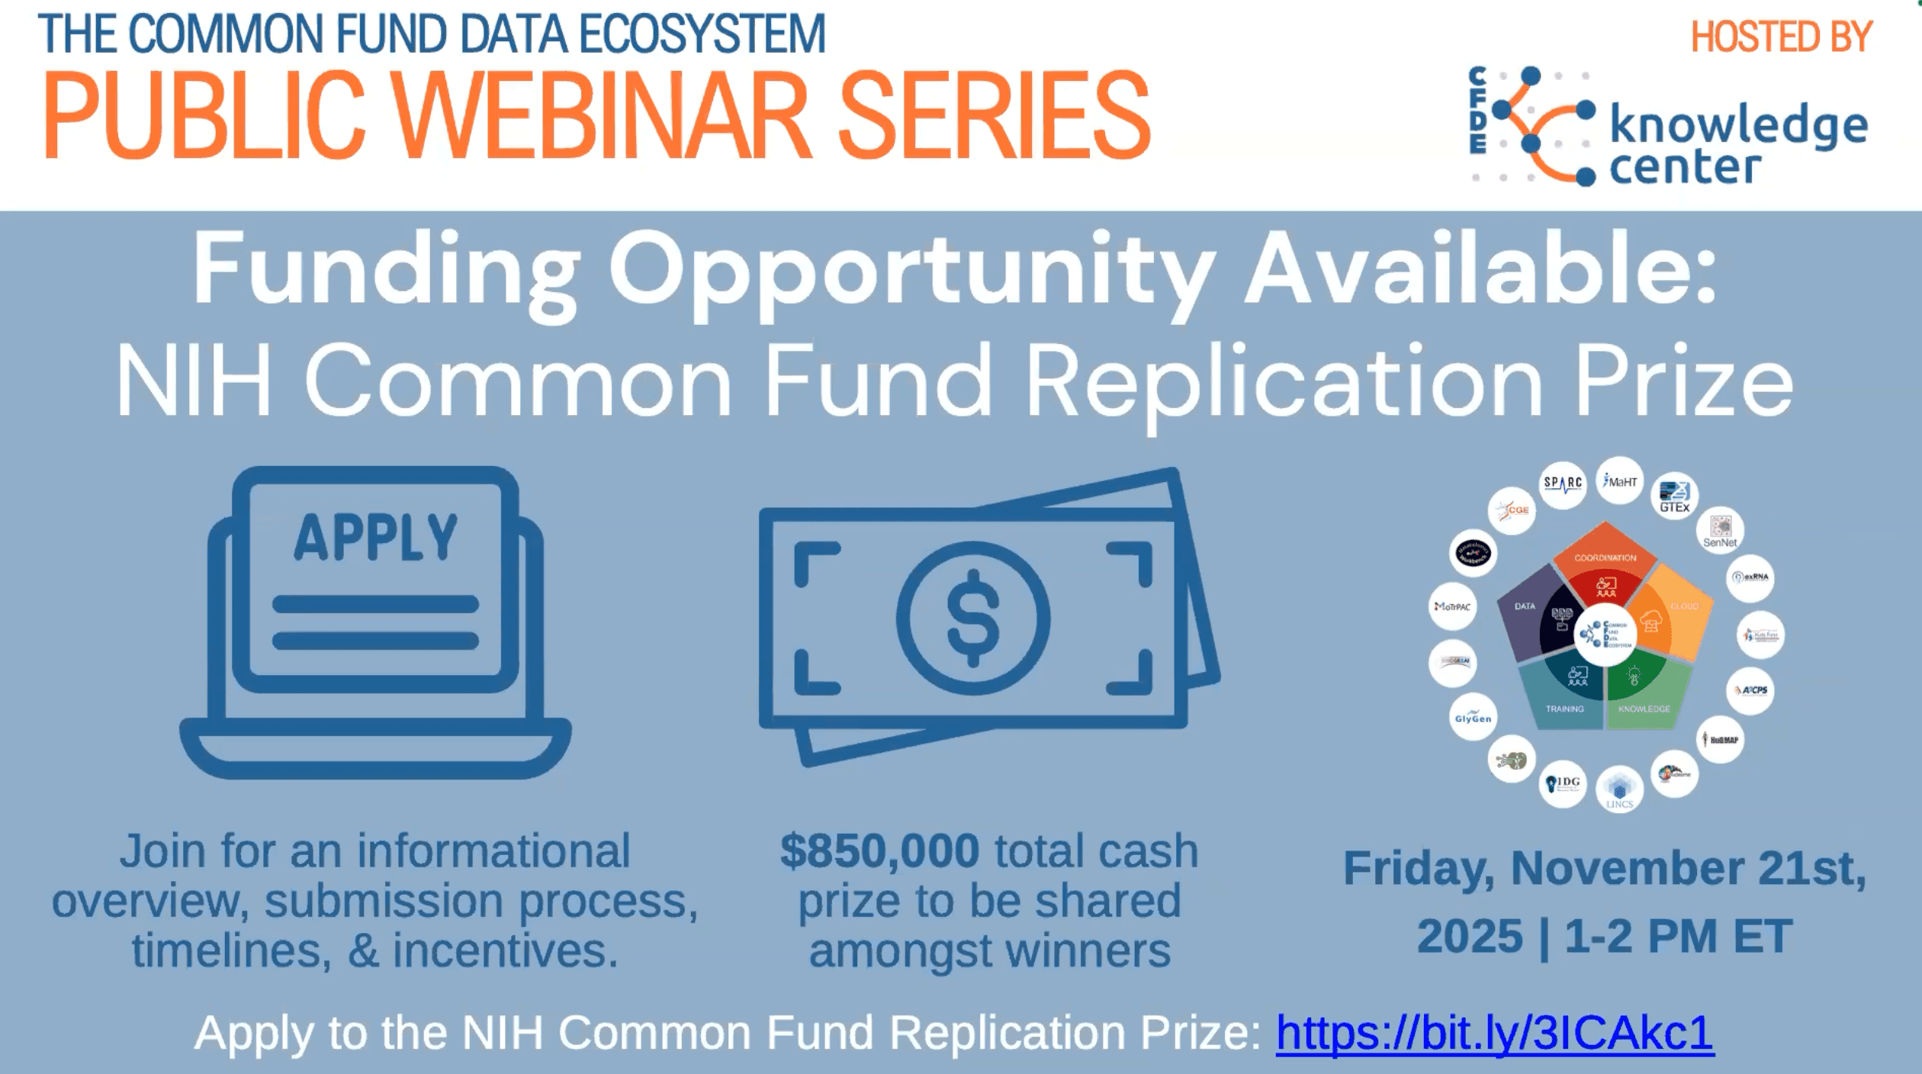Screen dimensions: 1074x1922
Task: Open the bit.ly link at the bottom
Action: [1495, 1034]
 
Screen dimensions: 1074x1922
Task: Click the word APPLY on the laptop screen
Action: [375, 537]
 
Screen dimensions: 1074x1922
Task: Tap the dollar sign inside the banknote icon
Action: [972, 618]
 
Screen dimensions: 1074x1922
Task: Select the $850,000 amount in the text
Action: [879, 852]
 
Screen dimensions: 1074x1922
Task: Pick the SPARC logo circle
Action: [1563, 484]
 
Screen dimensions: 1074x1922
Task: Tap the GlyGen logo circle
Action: [1473, 718]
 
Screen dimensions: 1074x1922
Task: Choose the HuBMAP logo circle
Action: [1722, 739]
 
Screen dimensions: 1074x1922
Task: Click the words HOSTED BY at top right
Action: [1782, 37]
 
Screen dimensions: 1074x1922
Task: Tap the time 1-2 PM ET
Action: [1678, 937]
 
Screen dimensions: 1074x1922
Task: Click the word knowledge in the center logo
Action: [1738, 127]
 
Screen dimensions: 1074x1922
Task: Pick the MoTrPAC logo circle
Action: [1452, 606]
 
